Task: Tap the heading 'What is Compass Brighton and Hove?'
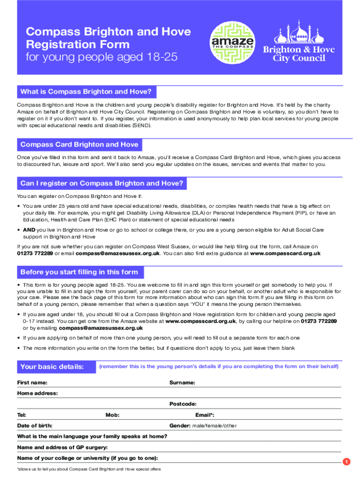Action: pyautogui.click(x=86, y=92)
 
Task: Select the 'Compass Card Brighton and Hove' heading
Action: pyautogui.click(x=79, y=145)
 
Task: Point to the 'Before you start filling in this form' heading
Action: pyautogui.click(x=79, y=272)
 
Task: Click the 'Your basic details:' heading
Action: pyautogui.click(x=52, y=367)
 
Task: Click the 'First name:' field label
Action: pyautogui.click(x=32, y=383)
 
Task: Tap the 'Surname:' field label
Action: pyautogui.click(x=182, y=383)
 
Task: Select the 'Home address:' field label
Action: pyautogui.click(x=37, y=393)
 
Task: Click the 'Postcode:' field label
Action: pyautogui.click(x=183, y=404)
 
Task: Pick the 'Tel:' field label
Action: pyautogui.click(x=22, y=415)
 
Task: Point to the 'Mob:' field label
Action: pyautogui.click(x=113, y=415)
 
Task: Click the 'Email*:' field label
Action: pyautogui.click(x=204, y=415)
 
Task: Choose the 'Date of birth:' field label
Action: pyautogui.click(x=35, y=426)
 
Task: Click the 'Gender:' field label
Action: pyautogui.click(x=180, y=426)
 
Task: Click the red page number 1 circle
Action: pyautogui.click(x=346, y=462)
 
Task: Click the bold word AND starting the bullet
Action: pyautogui.click(x=29, y=230)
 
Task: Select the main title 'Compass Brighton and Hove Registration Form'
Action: pyautogui.click(x=108, y=38)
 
